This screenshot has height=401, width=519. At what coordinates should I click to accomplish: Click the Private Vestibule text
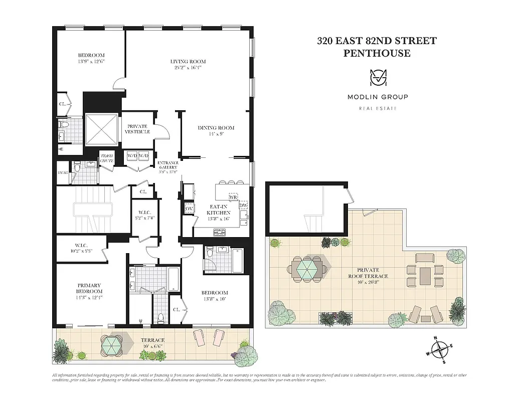[138, 128]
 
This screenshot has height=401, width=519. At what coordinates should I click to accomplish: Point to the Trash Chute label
[107, 158]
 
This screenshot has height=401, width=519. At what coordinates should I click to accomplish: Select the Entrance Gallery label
[168, 166]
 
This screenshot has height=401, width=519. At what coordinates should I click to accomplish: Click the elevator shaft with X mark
[101, 128]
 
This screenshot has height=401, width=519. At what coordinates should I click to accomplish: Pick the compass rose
[439, 349]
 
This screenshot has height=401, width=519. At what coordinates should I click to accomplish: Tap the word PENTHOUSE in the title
[377, 53]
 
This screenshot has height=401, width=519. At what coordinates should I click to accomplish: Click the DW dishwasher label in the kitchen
[244, 206]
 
